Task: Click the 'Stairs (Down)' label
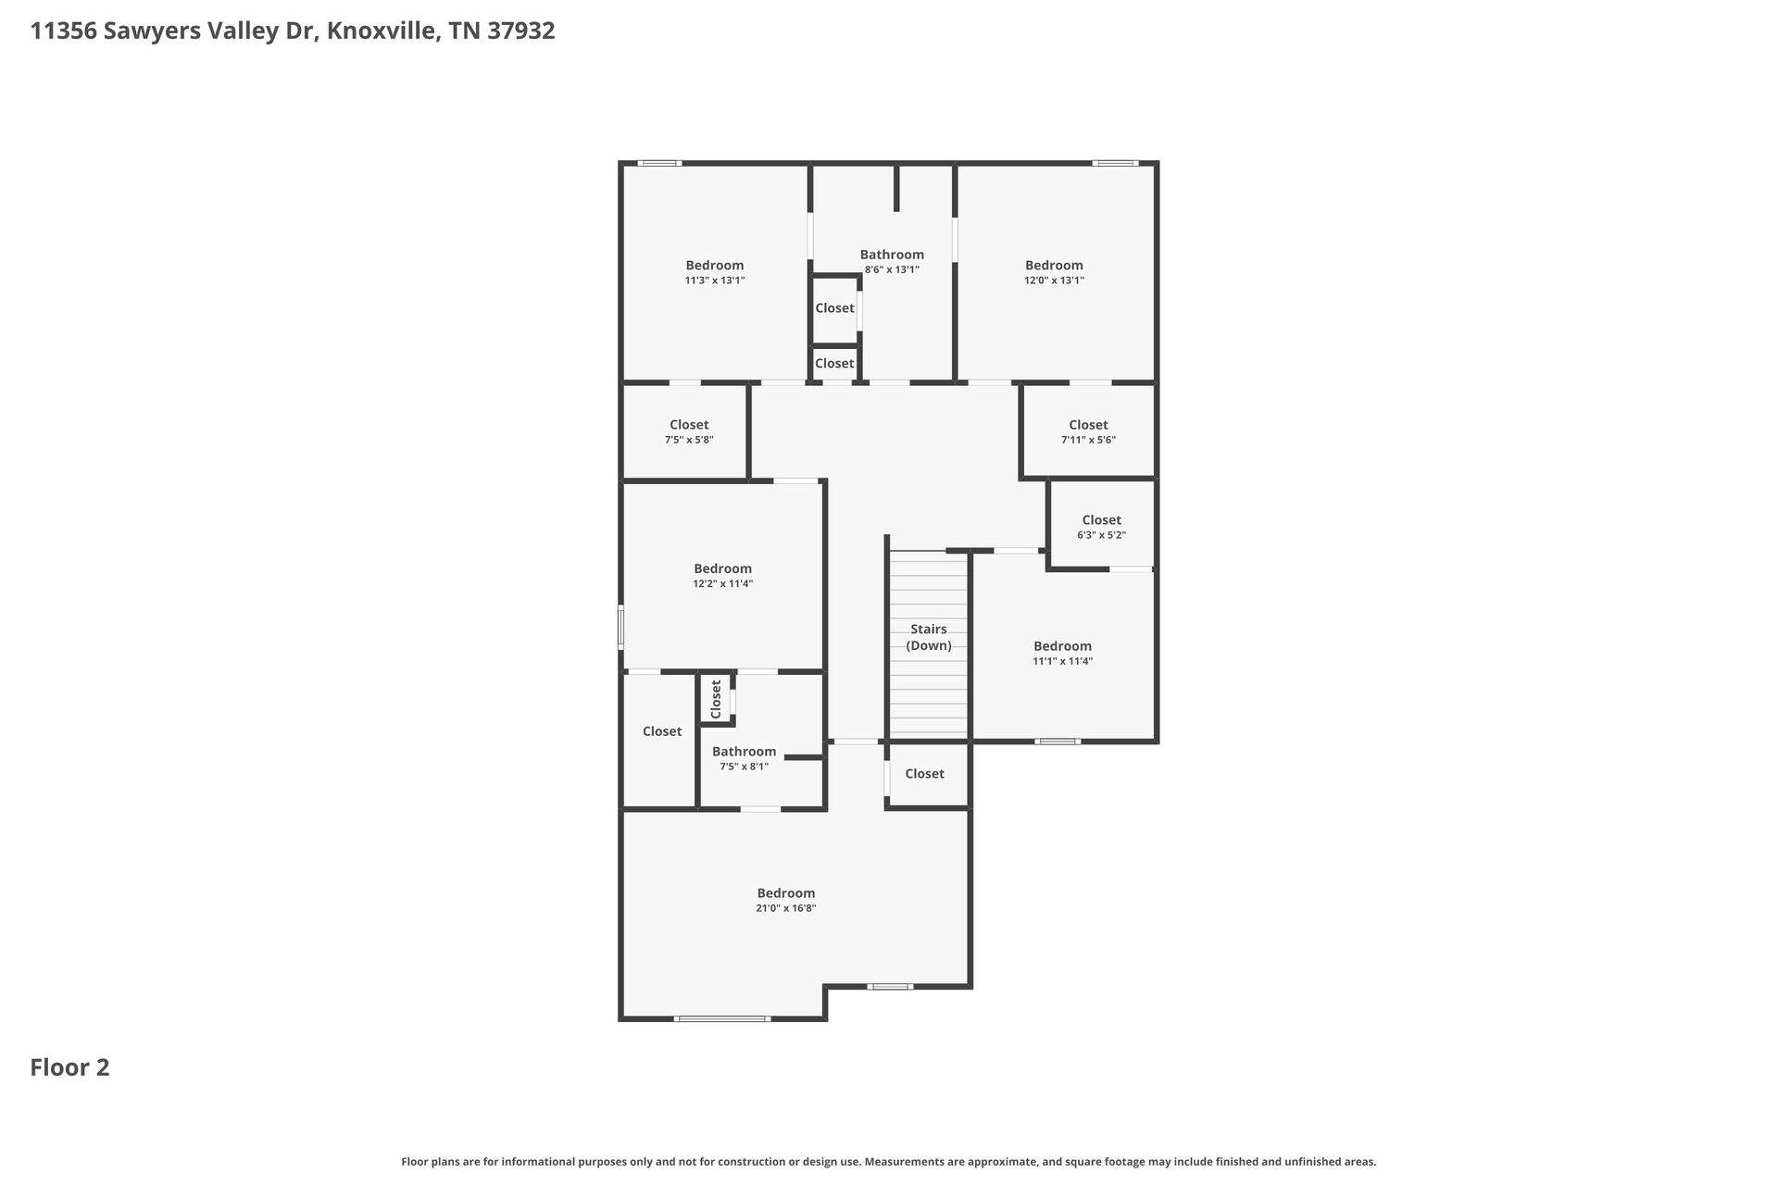[x=928, y=637]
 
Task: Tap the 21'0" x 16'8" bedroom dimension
[x=785, y=909]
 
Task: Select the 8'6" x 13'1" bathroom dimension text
[x=892, y=270]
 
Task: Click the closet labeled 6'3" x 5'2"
[x=1101, y=527]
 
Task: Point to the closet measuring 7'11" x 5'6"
[x=1088, y=431]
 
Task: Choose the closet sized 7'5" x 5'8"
[x=689, y=431]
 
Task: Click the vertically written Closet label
[x=716, y=699]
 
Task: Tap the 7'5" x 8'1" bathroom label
[x=744, y=758]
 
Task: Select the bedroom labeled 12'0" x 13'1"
[x=1054, y=272]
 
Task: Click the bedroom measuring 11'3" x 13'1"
[x=714, y=272]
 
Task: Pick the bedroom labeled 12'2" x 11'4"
[x=722, y=576]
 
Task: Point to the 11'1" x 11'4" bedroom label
[x=1062, y=654]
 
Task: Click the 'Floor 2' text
[x=69, y=1067]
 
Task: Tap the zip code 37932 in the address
[x=521, y=31]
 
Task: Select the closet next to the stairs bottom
[x=924, y=774]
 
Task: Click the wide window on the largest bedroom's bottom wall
[x=722, y=1018]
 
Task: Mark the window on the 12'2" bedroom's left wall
[x=621, y=626]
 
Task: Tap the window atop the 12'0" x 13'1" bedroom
[x=1114, y=164]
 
